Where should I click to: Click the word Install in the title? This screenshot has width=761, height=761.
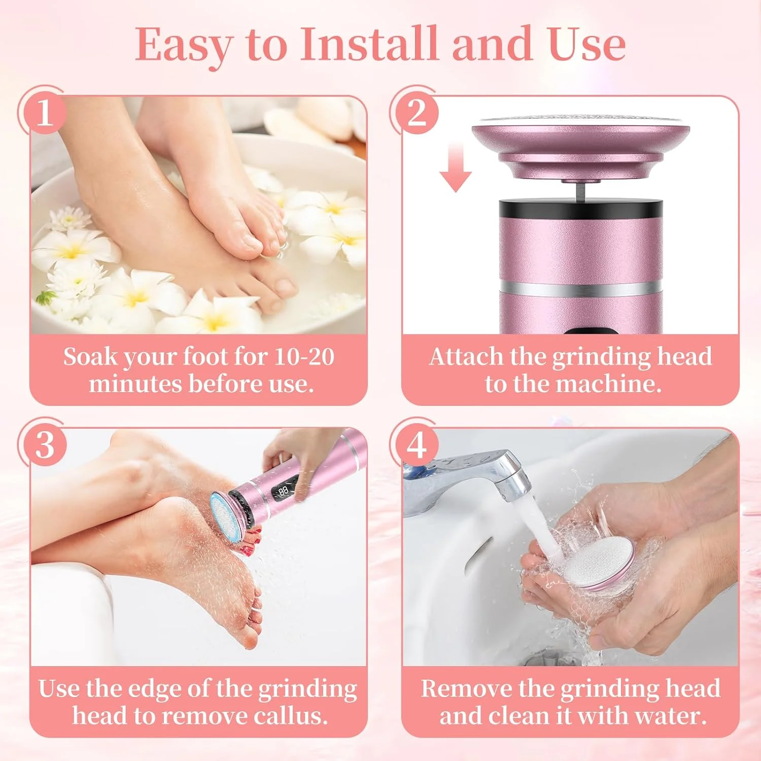[369, 45]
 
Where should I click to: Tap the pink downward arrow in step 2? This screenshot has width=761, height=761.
[456, 167]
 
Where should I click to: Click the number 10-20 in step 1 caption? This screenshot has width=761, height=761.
[304, 357]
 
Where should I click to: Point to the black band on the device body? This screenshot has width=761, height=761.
[581, 208]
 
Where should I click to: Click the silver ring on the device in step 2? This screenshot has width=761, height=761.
[581, 289]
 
